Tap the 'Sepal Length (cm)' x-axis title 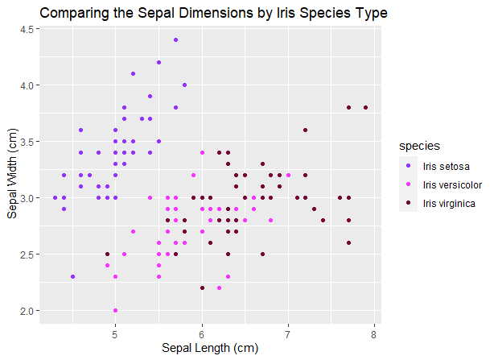209,348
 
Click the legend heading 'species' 419,146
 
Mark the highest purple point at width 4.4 175,39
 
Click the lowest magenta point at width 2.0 115,310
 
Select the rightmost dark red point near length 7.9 365,107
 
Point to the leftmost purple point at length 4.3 55,197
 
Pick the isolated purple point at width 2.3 72,276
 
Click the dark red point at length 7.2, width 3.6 305,130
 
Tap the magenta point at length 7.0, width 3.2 288,175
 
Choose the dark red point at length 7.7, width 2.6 348,242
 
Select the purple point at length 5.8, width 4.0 184,85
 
